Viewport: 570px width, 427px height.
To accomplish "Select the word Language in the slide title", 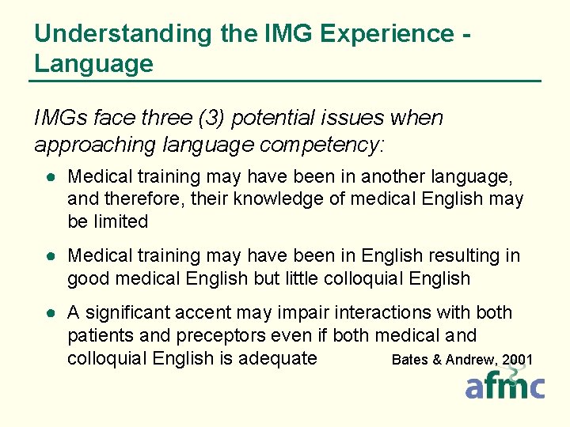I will click(93, 63).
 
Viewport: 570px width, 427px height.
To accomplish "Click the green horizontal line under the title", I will click(285, 81).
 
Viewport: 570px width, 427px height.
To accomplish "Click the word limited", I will click(120, 221).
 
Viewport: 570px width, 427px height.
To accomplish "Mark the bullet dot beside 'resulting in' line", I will click(49, 256).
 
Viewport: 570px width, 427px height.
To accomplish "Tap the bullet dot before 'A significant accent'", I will click(49, 314).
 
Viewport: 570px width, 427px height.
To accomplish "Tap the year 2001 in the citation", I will click(517, 360).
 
